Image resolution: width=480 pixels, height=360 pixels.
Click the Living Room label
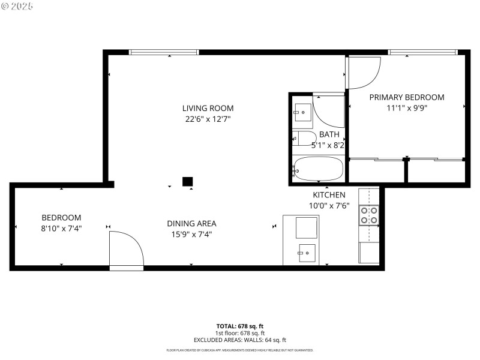pos(208,108)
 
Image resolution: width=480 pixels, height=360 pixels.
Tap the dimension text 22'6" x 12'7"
pos(208,119)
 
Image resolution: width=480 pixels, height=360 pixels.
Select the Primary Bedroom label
pos(406,97)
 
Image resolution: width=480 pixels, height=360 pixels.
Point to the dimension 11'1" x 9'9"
pos(406,108)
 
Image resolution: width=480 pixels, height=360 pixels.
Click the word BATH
pos(329,134)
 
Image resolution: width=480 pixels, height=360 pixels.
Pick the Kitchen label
pos(329,195)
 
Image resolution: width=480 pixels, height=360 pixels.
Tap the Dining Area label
pos(191,223)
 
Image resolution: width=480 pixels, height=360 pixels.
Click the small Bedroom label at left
pos(61,217)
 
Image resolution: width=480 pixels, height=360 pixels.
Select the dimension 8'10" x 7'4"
pos(61,228)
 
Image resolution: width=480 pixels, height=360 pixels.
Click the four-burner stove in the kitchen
pos(368,215)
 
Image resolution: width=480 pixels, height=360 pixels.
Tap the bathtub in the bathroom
pos(318,169)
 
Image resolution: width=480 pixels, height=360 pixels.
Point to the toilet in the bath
pos(304,139)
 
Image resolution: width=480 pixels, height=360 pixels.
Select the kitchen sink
pos(307,253)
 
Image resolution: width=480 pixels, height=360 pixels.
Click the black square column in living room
pos(187,181)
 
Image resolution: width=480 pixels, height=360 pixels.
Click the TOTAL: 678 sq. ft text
pos(239,326)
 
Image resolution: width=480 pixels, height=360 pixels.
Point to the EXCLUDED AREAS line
pos(239,340)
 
